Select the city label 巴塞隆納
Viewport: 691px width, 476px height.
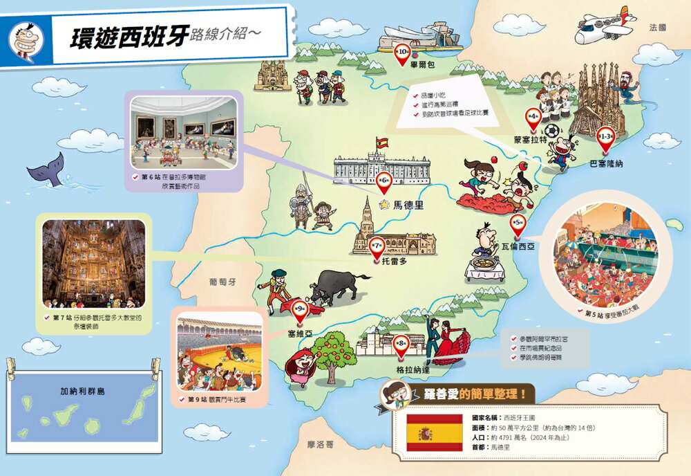tap(607, 164)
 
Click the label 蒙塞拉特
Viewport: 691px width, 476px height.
tap(531, 139)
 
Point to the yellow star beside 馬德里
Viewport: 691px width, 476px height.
tap(385, 205)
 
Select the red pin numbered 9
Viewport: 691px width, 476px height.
tap(301, 311)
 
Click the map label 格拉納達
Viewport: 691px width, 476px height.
tap(413, 369)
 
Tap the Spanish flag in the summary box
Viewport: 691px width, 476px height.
tap(434, 433)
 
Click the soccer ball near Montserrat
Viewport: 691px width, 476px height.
tap(551, 131)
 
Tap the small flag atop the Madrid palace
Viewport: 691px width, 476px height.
tap(382, 143)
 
